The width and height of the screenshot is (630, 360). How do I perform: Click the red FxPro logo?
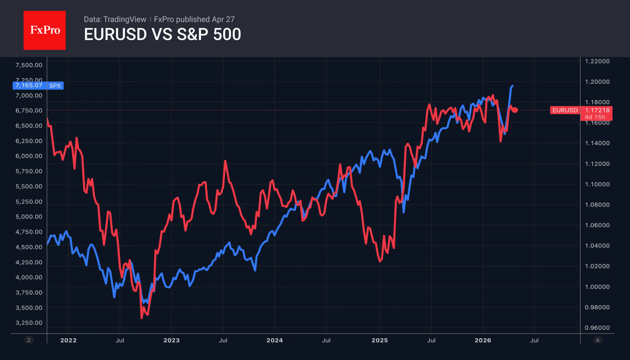click(44, 30)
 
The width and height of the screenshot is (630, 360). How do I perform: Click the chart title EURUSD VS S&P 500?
click(162, 35)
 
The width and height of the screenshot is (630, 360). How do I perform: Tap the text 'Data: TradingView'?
click(115, 19)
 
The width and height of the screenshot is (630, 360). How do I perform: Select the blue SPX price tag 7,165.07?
click(38, 85)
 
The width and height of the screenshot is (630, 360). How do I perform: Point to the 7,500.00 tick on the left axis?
click(29, 65)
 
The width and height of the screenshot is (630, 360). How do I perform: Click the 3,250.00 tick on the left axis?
click(29, 323)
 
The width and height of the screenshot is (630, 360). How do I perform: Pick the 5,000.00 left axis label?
click(29, 217)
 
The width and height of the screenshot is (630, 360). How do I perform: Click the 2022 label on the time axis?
click(68, 340)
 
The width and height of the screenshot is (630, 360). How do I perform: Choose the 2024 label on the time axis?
click(274, 340)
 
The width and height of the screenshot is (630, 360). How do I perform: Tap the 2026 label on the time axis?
click(483, 340)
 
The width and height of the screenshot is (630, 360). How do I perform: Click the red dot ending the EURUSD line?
click(515, 110)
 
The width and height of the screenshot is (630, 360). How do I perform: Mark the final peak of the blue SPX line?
click(512, 86)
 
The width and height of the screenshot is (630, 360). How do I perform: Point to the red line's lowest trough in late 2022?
click(142, 318)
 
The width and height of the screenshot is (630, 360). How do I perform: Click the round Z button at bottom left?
click(29, 340)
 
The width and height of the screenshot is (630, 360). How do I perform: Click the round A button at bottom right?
click(597, 340)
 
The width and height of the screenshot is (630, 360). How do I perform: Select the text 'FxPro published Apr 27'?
click(194, 19)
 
